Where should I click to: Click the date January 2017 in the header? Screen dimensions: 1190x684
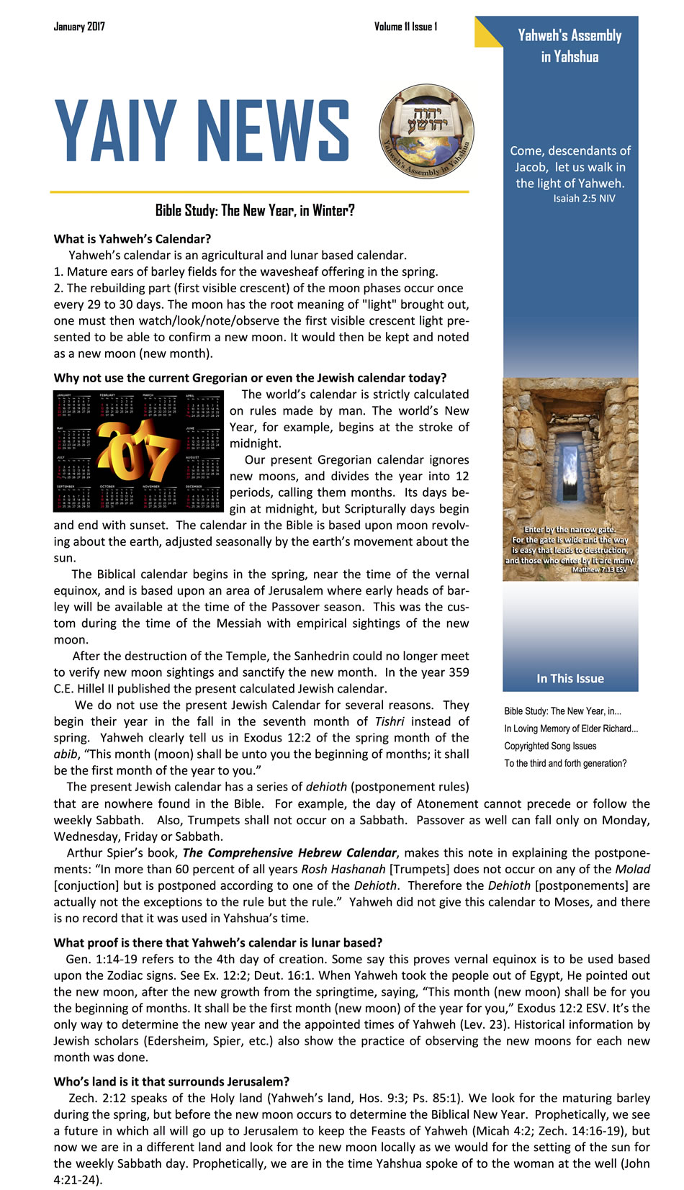(79, 27)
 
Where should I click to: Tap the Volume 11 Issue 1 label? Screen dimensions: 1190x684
(405, 27)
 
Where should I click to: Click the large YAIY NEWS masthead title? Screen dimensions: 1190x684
(202, 131)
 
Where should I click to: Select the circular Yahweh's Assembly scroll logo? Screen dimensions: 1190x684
(426, 132)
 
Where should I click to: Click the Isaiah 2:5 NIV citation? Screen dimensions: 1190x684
(584, 199)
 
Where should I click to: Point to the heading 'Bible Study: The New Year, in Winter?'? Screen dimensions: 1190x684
(255, 210)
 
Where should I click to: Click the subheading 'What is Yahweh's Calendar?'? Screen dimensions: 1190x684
(132, 239)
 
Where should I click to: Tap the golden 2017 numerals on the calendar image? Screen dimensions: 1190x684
(137, 451)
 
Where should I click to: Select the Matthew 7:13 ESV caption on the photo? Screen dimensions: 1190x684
(599, 569)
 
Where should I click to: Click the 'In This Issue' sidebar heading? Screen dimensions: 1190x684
(570, 678)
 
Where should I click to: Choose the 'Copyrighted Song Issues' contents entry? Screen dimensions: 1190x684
(550, 746)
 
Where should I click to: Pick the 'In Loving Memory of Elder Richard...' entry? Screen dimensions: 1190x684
(571, 729)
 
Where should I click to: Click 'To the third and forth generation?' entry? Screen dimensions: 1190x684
(565, 763)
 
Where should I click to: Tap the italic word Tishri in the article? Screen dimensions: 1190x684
(389, 721)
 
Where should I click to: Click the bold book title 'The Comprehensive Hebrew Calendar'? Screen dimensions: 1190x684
(289, 853)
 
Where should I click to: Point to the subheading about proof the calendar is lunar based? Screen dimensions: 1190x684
(217, 942)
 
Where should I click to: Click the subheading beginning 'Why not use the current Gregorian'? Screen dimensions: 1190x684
(250, 378)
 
